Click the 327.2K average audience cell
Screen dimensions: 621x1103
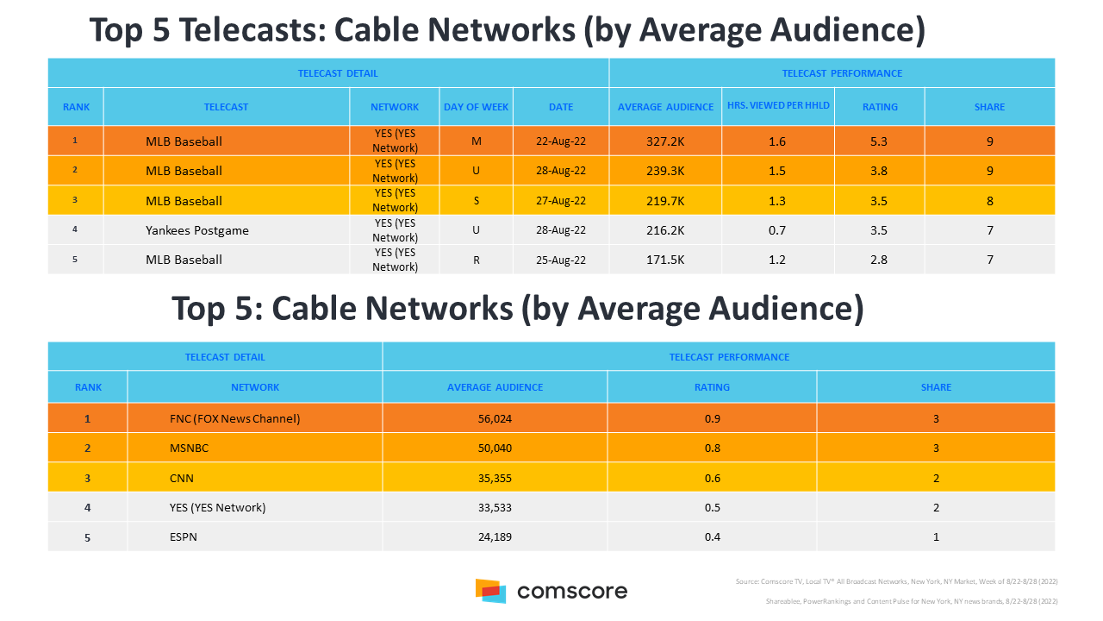665,141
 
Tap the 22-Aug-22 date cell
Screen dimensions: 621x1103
561,141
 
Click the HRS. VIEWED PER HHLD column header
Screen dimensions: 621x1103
777,107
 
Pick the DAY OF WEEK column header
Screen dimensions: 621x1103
476,107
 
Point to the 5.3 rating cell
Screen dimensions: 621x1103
879,141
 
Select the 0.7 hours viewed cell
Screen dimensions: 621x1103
777,230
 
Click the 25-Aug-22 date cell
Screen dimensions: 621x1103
561,260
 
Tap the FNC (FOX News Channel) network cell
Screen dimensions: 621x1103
235,419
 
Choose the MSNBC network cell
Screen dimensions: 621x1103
190,448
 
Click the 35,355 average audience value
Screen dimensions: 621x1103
495,478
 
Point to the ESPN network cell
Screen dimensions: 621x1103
185,537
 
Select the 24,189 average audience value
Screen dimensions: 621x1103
495,537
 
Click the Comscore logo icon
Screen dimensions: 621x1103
490,591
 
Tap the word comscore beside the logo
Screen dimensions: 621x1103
572,592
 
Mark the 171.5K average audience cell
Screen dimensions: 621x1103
665,260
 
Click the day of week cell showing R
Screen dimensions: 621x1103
476,260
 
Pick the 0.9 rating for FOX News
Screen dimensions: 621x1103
712,419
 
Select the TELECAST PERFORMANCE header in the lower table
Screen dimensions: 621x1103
729,357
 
